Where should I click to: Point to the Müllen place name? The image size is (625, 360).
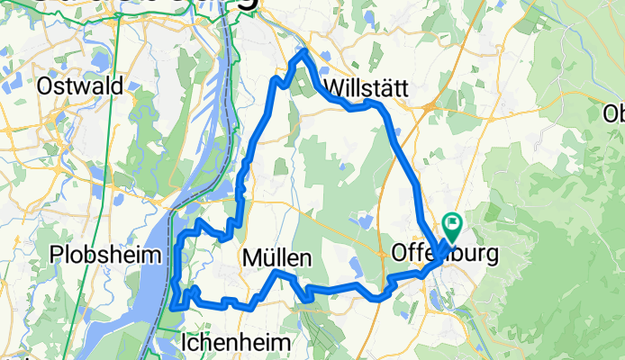coord(277,259)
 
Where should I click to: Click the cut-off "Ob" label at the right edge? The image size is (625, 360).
coord(614,114)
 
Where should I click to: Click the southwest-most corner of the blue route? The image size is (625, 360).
coord(171,308)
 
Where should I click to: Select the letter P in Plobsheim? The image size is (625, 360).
coord(59,252)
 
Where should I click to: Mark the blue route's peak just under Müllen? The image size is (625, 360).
coord(278,272)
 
